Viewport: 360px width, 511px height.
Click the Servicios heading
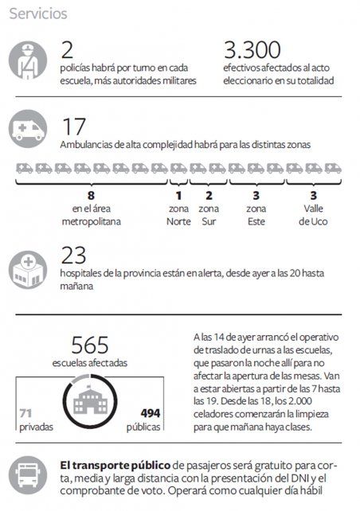[x=38, y=14]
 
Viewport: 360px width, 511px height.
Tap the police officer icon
[x=28, y=60]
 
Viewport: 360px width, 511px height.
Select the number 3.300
[x=252, y=50]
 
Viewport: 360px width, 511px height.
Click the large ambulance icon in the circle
[x=28, y=129]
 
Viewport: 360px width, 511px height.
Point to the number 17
[x=74, y=127]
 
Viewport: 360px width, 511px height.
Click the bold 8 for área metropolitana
[x=91, y=196]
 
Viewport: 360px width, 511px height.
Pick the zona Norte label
[x=178, y=215]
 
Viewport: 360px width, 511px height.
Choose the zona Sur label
[x=209, y=215]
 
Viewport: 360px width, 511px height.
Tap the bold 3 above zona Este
[x=256, y=196]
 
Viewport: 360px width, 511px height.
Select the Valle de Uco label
[x=313, y=215]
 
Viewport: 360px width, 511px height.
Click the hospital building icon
[x=28, y=270]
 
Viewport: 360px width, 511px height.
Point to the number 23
[x=73, y=255]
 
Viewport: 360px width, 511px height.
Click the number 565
[x=90, y=345]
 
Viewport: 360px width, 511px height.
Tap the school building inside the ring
[x=90, y=400]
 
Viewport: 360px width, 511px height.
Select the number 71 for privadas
[x=25, y=414]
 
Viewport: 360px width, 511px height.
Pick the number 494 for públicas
[x=151, y=414]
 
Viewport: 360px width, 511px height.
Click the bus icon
[x=28, y=475]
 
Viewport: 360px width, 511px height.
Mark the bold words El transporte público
[x=115, y=466]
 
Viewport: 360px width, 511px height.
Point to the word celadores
[x=213, y=414]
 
